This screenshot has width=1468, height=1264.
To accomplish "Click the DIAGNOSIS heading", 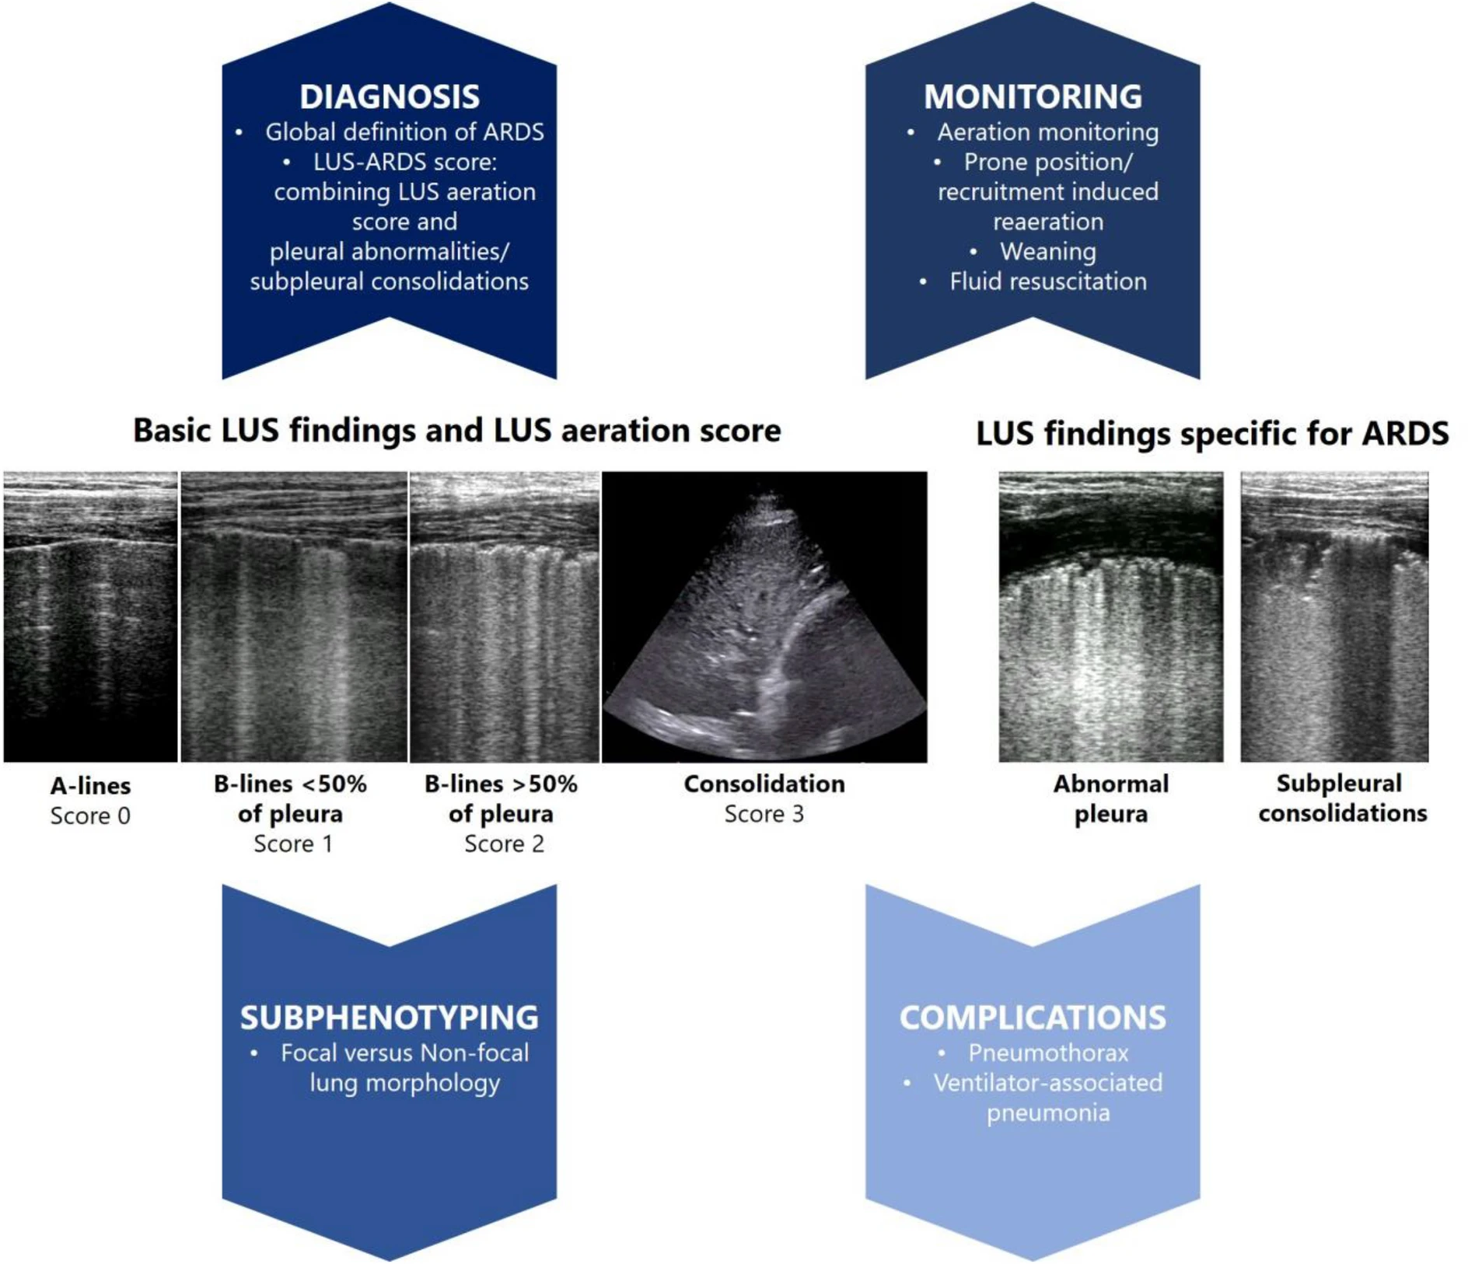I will [x=389, y=96].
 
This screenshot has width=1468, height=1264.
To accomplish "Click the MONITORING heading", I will [x=1032, y=96].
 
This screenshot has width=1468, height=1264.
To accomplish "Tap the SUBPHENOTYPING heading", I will [x=389, y=1017].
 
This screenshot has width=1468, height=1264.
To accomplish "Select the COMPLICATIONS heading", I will [x=1032, y=1017].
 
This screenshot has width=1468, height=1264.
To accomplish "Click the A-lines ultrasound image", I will [x=90, y=616].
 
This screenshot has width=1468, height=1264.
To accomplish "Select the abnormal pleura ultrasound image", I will [x=1110, y=616].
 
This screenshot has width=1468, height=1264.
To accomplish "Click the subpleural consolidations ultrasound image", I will [x=1334, y=616].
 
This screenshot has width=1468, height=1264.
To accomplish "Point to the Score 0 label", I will [x=90, y=815].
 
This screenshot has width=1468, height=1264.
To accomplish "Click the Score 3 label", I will [x=764, y=814].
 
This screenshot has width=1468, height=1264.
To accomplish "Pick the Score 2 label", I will [x=504, y=843].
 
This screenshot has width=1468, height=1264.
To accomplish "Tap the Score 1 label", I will [x=293, y=843].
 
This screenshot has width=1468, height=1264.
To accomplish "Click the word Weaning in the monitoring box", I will [x=1047, y=251].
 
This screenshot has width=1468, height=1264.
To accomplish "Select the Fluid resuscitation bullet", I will [x=1047, y=281].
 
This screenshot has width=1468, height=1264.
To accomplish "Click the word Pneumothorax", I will [x=1047, y=1053].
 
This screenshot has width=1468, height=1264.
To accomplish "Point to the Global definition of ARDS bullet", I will [x=404, y=131].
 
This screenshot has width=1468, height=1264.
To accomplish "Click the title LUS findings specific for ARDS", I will [x=1211, y=433].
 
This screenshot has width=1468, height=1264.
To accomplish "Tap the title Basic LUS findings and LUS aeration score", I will [x=456, y=430].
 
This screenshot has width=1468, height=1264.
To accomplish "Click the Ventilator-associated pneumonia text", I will [x=1047, y=1097].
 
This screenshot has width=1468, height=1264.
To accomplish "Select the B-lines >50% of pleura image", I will [x=504, y=616].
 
